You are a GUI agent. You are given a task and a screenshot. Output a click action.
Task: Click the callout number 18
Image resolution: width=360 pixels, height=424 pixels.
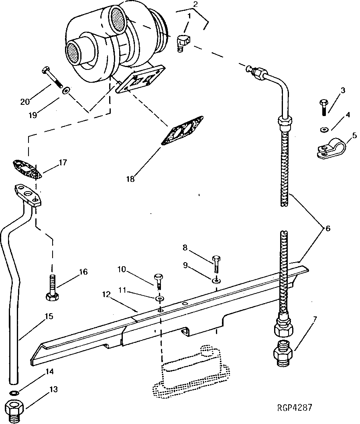(x=130, y=178)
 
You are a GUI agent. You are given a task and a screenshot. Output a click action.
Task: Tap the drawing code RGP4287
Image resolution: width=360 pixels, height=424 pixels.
(x=295, y=408)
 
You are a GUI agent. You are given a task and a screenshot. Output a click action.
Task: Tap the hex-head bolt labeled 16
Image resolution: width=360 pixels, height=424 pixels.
(x=52, y=288)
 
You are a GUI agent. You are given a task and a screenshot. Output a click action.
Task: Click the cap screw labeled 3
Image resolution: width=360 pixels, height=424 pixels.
(x=324, y=106)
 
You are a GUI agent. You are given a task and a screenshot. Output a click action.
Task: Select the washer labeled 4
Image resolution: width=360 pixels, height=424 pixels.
(x=324, y=129)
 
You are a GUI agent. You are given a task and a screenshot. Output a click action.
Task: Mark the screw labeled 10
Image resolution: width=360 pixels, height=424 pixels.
(x=158, y=281)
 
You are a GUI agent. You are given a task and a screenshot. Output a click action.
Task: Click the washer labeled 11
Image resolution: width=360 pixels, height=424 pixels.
(x=160, y=299)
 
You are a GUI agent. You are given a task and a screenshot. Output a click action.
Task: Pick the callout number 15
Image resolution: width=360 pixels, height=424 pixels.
(x=49, y=316)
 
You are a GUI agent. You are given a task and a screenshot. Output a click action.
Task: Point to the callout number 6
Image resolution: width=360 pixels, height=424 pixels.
(x=328, y=228)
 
